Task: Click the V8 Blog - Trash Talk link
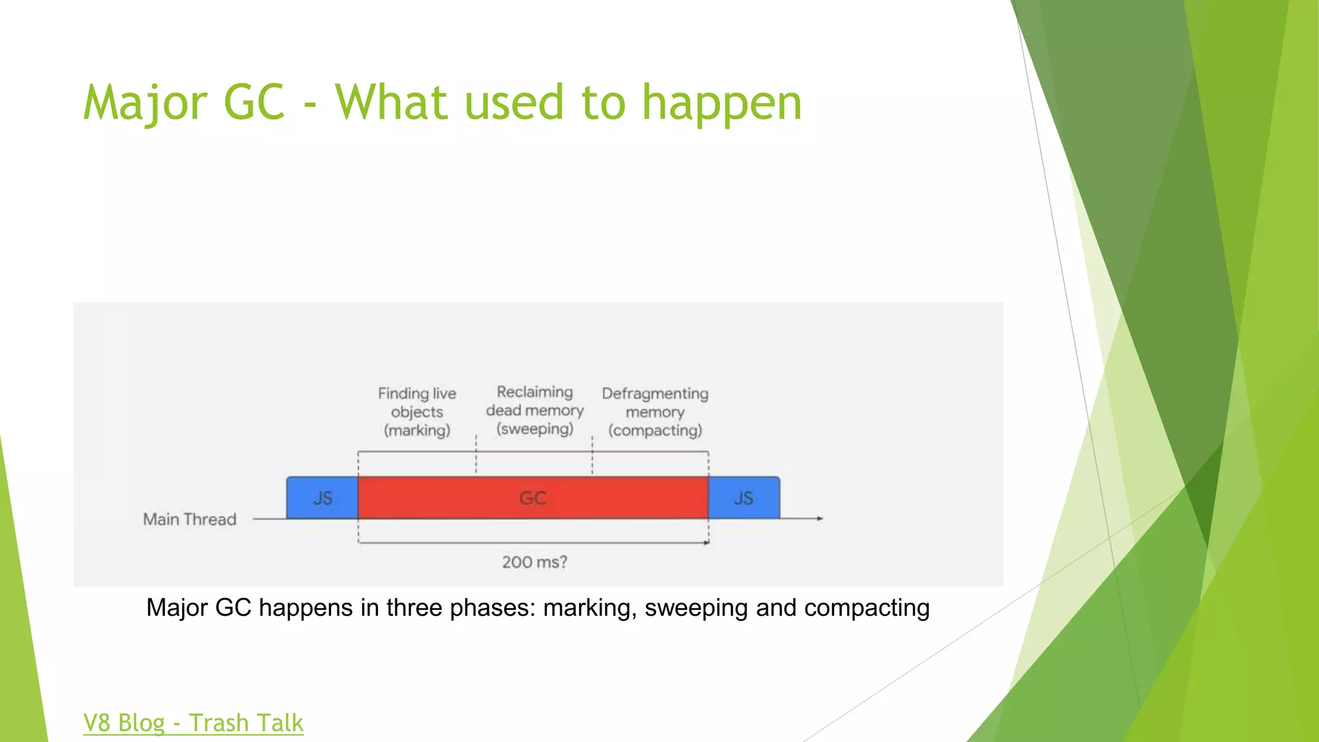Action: coord(193,723)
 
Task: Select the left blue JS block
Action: coord(322,498)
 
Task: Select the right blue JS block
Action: coord(744,498)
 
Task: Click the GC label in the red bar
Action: coord(533,498)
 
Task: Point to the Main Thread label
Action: coord(189,519)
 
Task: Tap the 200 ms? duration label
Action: coord(535,562)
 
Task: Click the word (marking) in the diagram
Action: coord(417,430)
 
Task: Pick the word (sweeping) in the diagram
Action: coord(535,429)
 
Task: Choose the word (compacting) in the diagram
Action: coord(655,430)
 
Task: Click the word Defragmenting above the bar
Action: coord(655,393)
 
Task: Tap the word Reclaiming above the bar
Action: coord(535,392)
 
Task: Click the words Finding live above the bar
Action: coord(417,393)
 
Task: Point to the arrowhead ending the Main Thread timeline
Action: coord(820,518)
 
